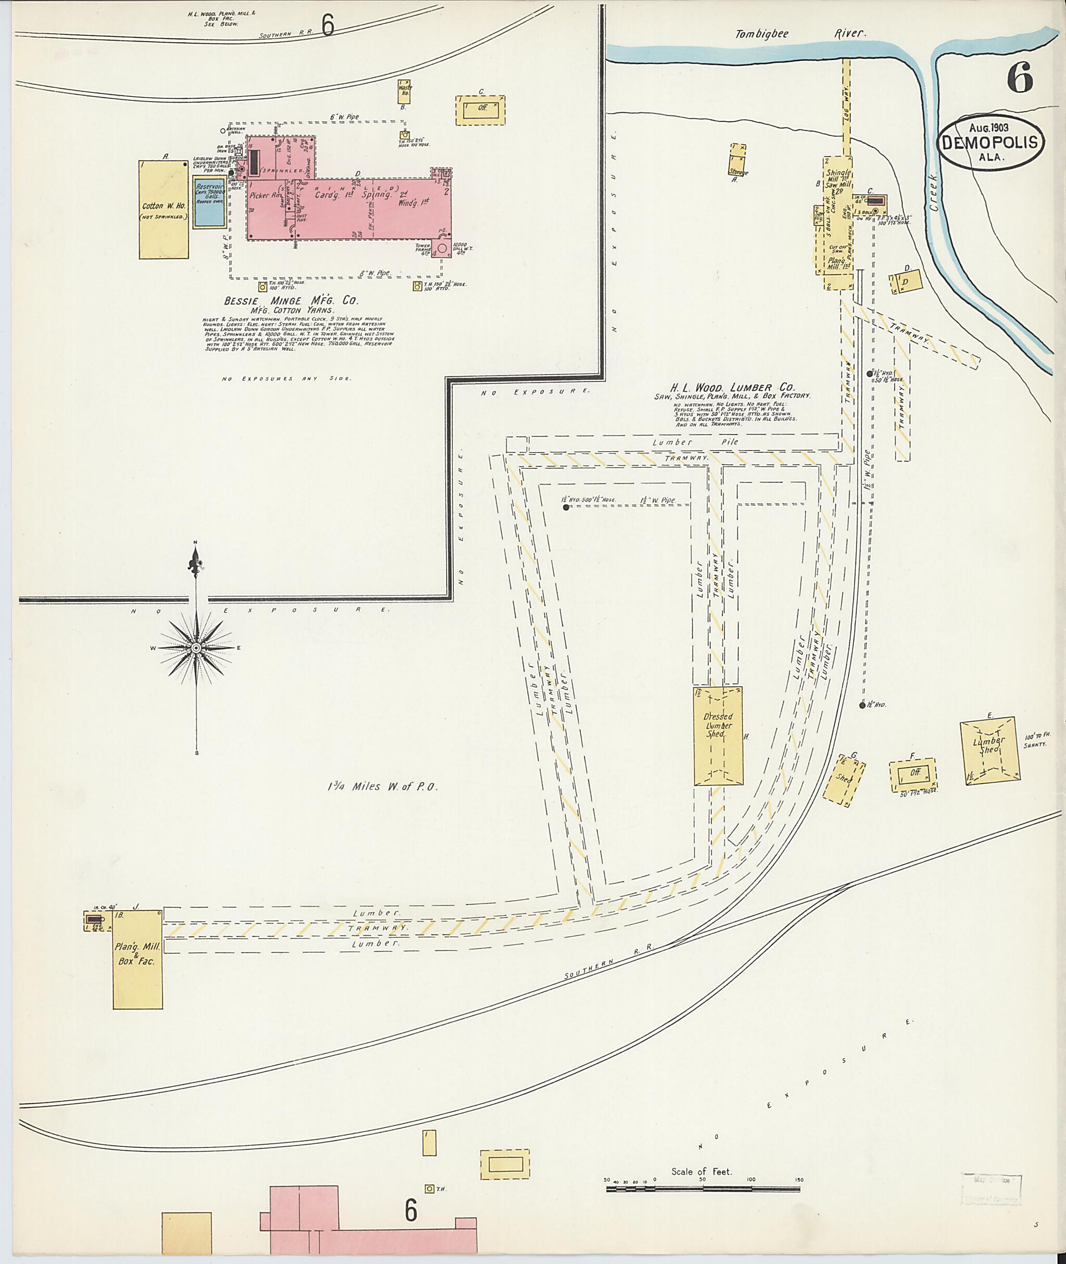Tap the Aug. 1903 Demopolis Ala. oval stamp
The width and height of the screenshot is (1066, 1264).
coord(991,142)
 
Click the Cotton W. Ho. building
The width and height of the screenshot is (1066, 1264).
coord(164,209)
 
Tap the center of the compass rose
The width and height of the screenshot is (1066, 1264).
coord(196,648)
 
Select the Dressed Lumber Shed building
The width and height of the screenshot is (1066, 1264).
coord(718,735)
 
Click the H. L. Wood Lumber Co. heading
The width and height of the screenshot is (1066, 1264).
coord(732,387)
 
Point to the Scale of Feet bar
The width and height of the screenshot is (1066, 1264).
coord(702,1189)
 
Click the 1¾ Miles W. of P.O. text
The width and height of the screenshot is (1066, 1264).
coord(382,787)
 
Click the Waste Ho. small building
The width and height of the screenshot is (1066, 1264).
coord(404,91)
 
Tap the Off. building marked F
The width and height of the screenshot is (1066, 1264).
coord(913,773)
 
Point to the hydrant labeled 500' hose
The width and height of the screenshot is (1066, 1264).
coord(566,507)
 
